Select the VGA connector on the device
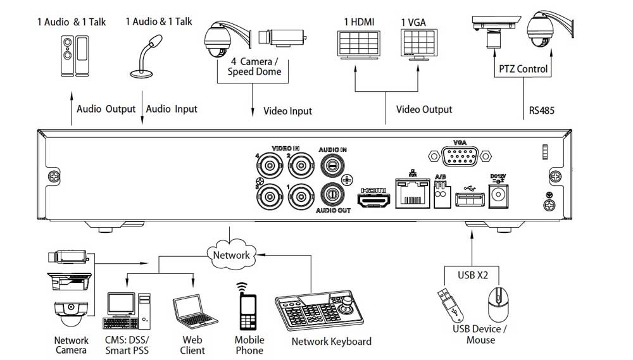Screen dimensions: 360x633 pyautogui.click(x=460, y=157)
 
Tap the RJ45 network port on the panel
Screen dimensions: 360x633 pyautogui.click(x=413, y=194)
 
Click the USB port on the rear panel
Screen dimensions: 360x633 pyautogui.click(x=470, y=199)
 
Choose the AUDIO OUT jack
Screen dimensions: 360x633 pyautogui.click(x=333, y=193)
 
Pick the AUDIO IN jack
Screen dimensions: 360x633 pyautogui.click(x=333, y=166)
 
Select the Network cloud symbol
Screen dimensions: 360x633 pyautogui.click(x=231, y=254)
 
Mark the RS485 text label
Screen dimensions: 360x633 pyautogui.click(x=542, y=111)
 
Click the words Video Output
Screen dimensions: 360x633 pyautogui.click(x=424, y=110)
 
